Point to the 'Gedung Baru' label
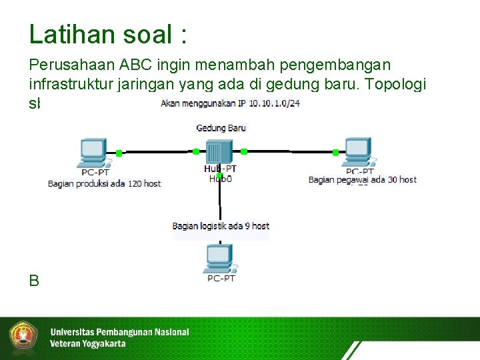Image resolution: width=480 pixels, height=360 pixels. point(221,127)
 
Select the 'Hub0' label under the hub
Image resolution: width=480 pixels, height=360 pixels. point(220,179)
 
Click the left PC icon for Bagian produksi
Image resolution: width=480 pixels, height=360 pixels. point(92,153)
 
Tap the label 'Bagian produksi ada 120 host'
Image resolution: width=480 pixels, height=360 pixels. point(104,183)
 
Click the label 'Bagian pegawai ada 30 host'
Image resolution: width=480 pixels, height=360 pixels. point(362,179)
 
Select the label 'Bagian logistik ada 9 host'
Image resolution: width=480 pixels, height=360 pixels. point(221,226)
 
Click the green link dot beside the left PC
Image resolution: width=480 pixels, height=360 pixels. point(119,152)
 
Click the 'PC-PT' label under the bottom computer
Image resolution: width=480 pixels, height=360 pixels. point(221,279)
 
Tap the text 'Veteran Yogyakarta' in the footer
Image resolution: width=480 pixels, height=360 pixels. point(87,344)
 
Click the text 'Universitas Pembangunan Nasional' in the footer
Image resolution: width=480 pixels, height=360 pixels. point(119,331)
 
